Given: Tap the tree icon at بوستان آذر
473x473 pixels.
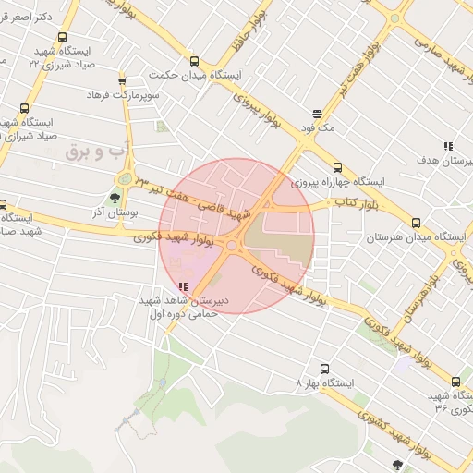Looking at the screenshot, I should pos(115,197).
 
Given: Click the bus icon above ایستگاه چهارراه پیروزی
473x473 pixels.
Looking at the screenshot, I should pos(337,168).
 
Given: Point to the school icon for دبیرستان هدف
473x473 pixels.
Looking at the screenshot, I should pos(448,146).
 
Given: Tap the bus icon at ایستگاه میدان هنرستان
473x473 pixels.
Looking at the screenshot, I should pos(416,224).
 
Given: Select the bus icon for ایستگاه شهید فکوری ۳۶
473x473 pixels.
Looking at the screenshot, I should pos(455,381).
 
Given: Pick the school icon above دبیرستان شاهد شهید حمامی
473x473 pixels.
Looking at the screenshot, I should pos(183,287).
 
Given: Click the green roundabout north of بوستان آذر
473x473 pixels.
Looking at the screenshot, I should pos(123,178).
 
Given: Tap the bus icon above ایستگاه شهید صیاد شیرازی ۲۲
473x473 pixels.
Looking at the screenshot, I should pos(62,38).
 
